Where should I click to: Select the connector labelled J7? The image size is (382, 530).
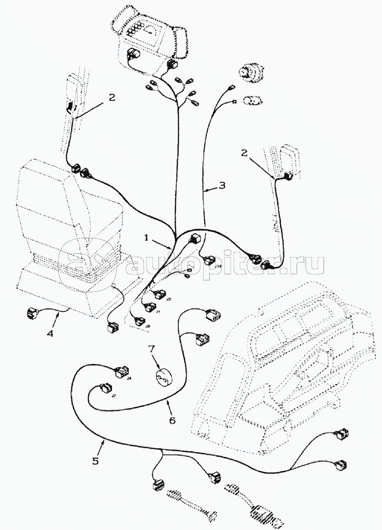104,388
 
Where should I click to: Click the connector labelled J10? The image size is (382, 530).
209,260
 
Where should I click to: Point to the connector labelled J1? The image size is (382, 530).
151,307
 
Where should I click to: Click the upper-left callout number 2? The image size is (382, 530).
111,97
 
